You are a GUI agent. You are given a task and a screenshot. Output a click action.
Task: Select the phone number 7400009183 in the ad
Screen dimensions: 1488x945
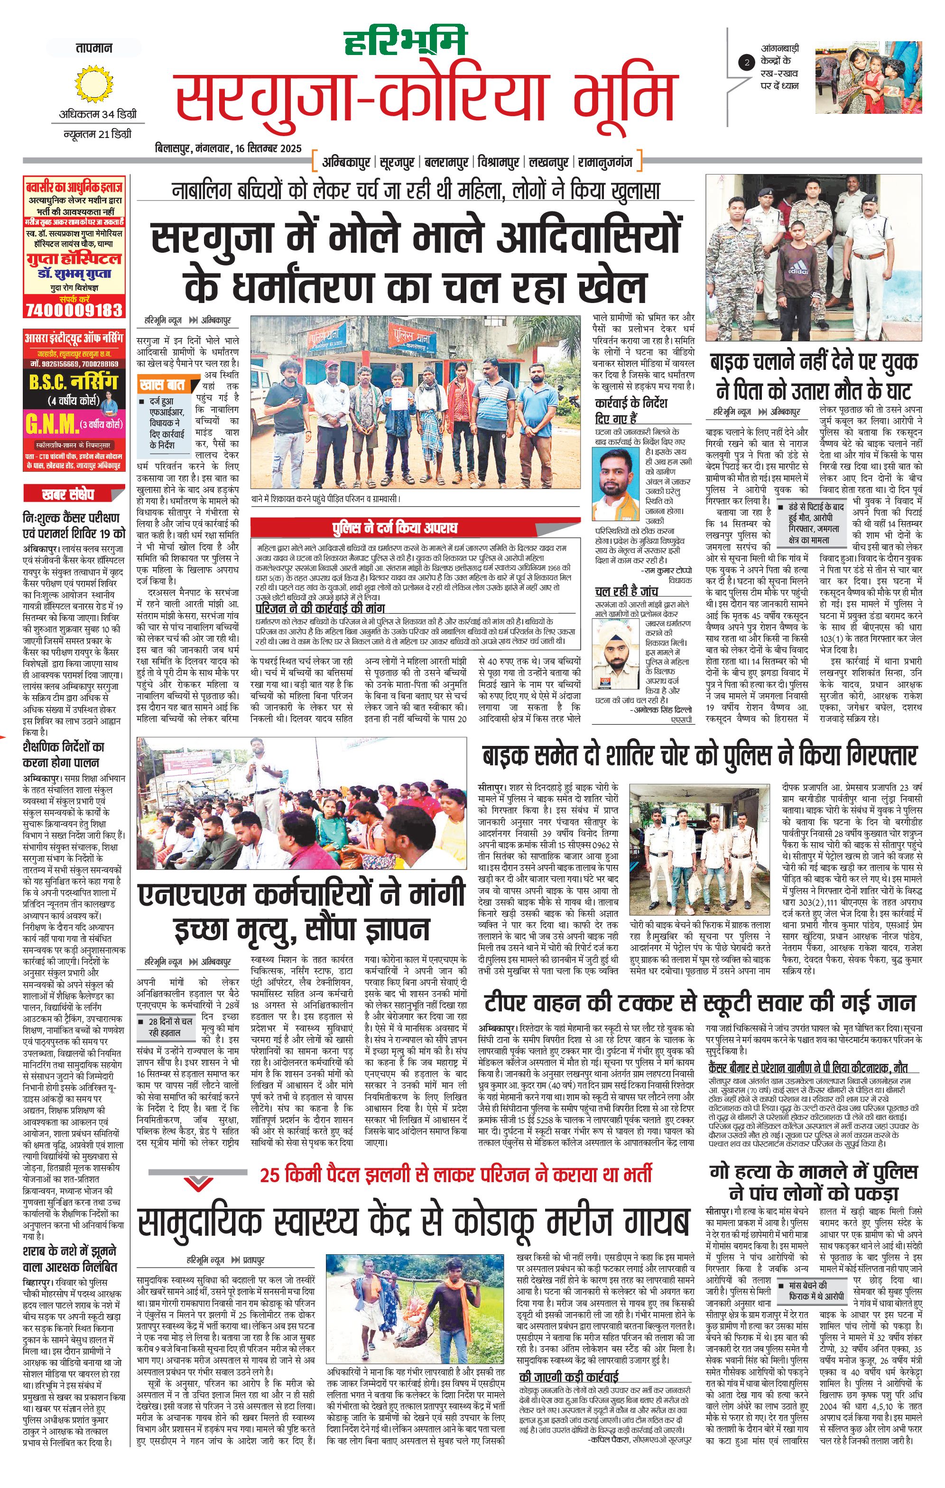(x=74, y=309)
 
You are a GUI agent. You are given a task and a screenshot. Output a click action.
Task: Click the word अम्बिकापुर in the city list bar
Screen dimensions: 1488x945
(x=345, y=163)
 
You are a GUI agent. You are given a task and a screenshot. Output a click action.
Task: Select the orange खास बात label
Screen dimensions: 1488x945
(x=162, y=385)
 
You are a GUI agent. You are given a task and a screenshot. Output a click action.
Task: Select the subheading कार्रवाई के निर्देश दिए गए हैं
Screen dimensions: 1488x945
(x=630, y=410)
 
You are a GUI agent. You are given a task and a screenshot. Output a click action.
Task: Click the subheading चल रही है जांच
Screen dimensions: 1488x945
(x=626, y=592)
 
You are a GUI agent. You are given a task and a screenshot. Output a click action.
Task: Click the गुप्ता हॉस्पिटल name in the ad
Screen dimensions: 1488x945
(x=74, y=258)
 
